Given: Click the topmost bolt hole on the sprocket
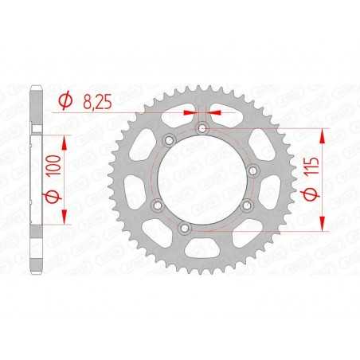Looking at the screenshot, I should pos(202,127).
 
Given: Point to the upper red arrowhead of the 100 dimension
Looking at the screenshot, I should pos(64,138).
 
